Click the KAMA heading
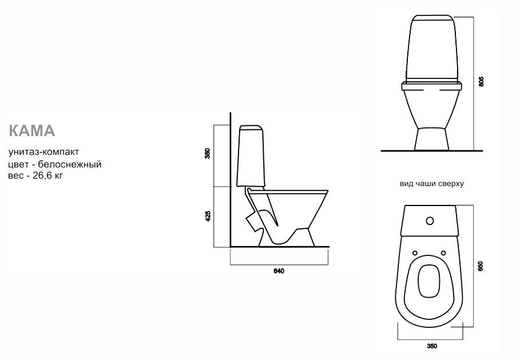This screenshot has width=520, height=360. point(32,130)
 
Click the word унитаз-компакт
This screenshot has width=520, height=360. point(44,152)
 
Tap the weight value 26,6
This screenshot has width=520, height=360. point(41,176)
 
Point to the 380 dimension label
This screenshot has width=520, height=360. point(208,154)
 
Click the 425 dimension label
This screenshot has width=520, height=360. point(208,216)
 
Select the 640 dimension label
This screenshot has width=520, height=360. point(279,271)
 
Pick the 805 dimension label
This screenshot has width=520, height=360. point(482,82)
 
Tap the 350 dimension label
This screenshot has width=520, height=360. point(432,346)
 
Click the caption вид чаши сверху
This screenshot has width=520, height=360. point(431,184)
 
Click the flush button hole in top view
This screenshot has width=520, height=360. point(430,221)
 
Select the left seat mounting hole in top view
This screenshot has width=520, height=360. point(415,253)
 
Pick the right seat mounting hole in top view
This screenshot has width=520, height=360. point(443,253)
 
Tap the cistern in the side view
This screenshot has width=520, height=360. point(251,156)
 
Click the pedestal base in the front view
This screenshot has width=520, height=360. point(432,138)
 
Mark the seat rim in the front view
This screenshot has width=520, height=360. point(432,86)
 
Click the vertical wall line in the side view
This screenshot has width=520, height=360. point(230,180)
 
